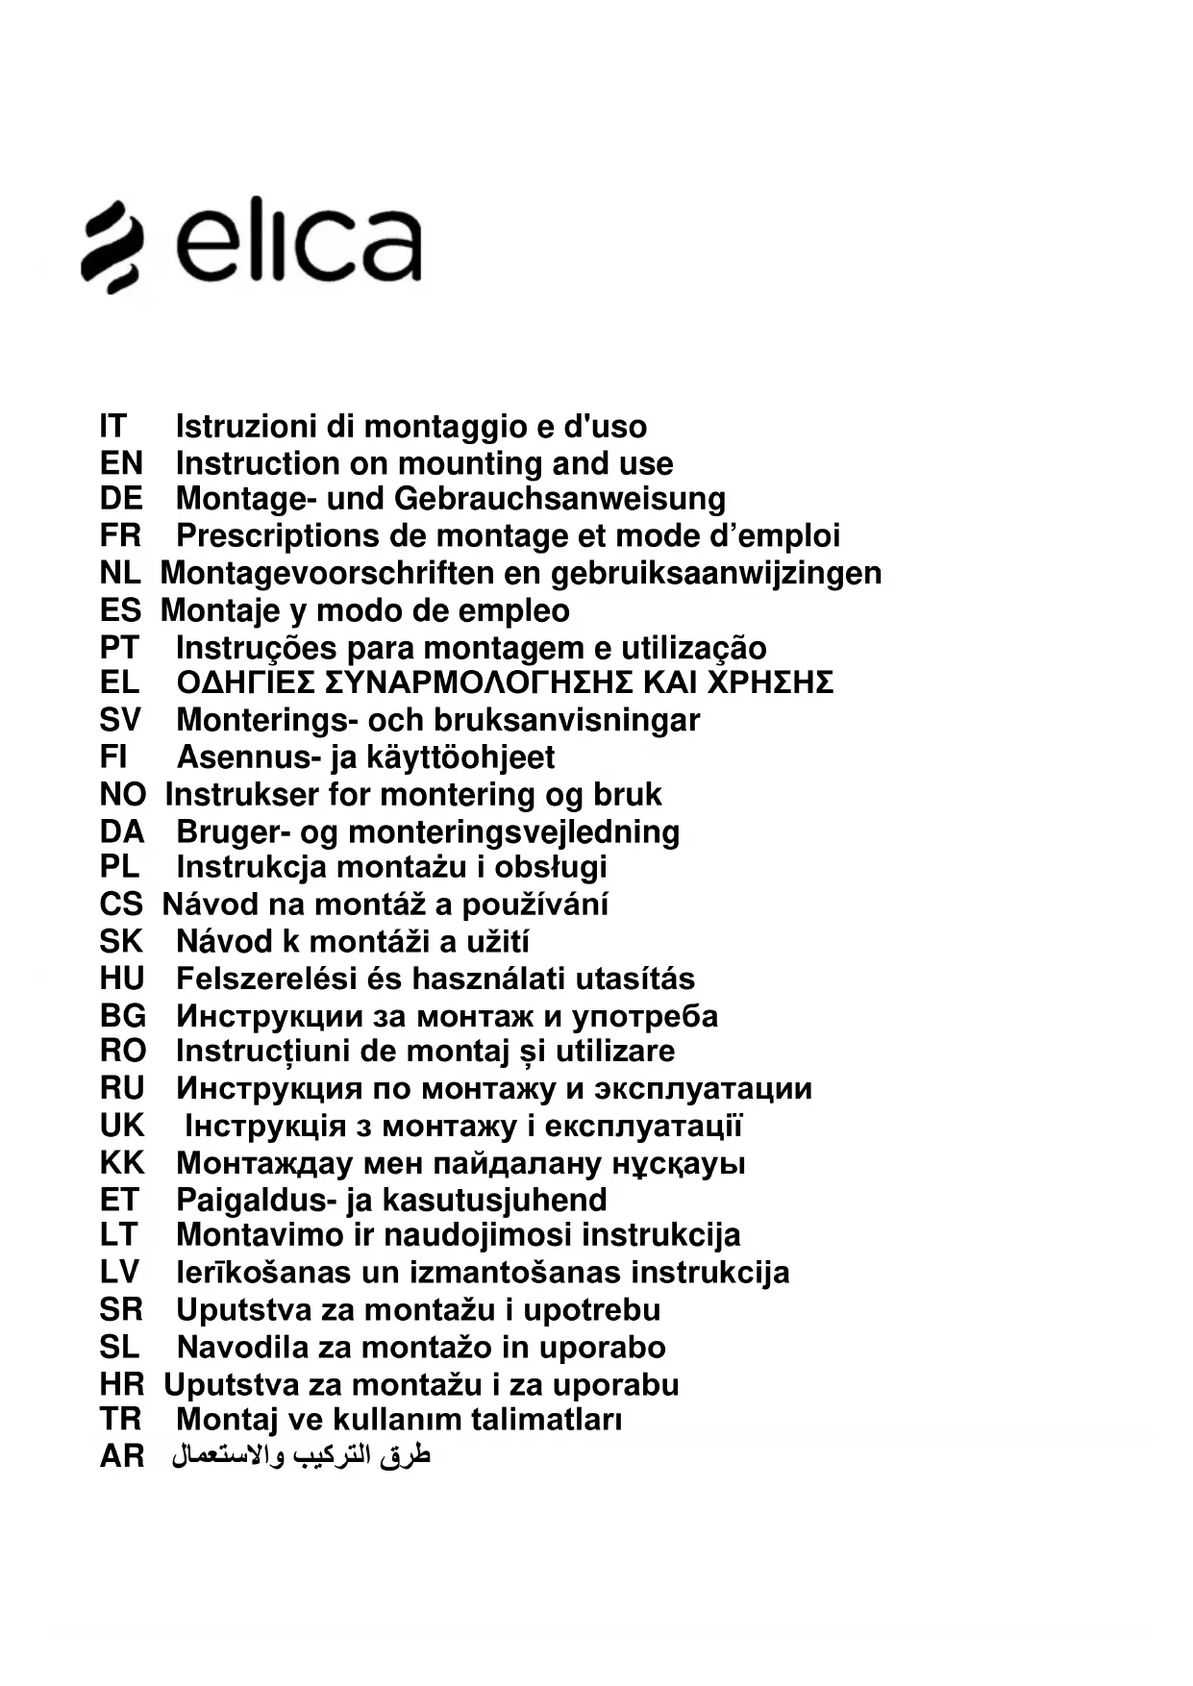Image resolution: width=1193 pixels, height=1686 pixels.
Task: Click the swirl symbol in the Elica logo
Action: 112,246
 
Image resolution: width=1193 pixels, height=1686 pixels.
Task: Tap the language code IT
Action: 112,426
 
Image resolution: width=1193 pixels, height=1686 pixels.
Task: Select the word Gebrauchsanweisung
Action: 559,499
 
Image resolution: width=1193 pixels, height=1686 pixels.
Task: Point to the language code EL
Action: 119,682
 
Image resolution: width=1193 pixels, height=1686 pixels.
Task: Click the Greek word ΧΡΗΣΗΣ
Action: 770,682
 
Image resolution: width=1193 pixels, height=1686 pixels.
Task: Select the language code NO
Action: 122,795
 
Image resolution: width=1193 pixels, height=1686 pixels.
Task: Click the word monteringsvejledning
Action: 513,832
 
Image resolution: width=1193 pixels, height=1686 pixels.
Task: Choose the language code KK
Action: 121,1163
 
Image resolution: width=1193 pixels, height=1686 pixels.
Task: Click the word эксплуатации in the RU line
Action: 703,1089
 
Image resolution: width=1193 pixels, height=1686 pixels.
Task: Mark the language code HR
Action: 121,1385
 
